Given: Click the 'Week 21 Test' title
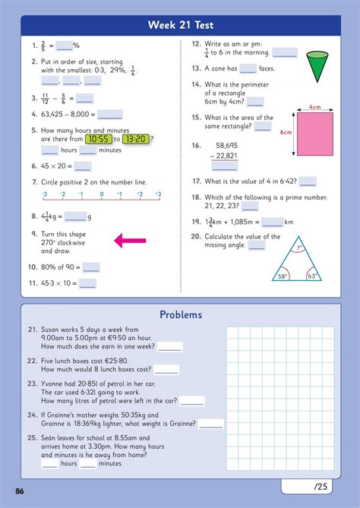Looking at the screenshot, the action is (x=181, y=25).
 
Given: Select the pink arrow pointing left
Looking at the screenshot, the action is (x=130, y=241).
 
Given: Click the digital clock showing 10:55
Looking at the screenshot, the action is (x=98, y=139).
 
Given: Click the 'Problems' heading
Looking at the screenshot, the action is (x=181, y=314).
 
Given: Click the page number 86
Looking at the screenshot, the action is (x=20, y=491).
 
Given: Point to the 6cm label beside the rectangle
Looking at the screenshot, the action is (x=286, y=132).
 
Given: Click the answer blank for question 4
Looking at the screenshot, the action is (x=110, y=115).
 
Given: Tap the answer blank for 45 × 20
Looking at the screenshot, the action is (x=83, y=166).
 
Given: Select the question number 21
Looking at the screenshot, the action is (x=33, y=330).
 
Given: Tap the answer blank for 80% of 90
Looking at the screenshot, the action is (x=91, y=267).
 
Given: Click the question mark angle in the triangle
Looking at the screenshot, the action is (x=299, y=248).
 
